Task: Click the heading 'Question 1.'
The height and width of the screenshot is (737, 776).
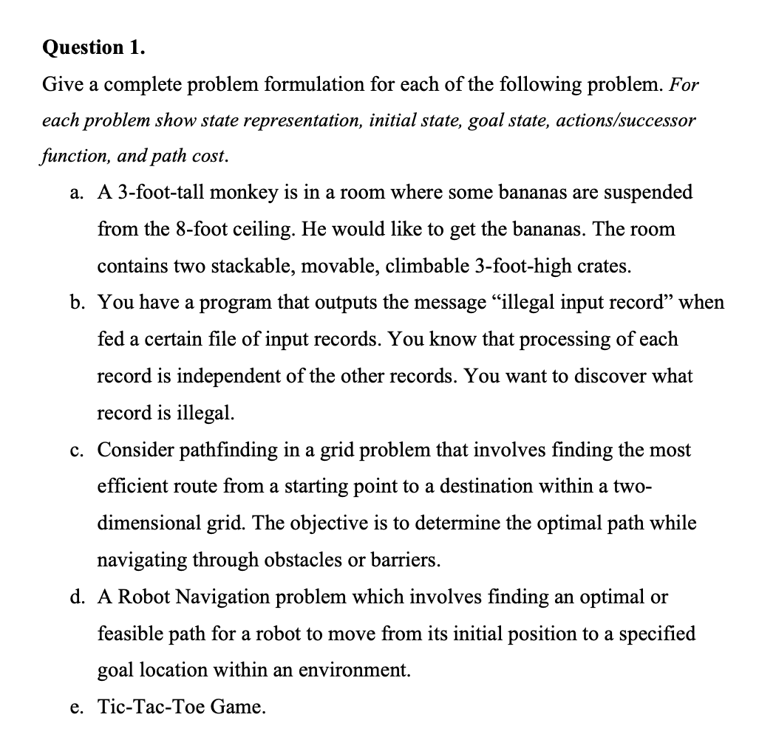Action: pyautogui.click(x=94, y=47)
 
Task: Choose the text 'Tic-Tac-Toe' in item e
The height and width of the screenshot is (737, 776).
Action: pyautogui.click(x=152, y=707)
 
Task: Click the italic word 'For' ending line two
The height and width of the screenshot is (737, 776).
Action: pyautogui.click(x=684, y=84)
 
